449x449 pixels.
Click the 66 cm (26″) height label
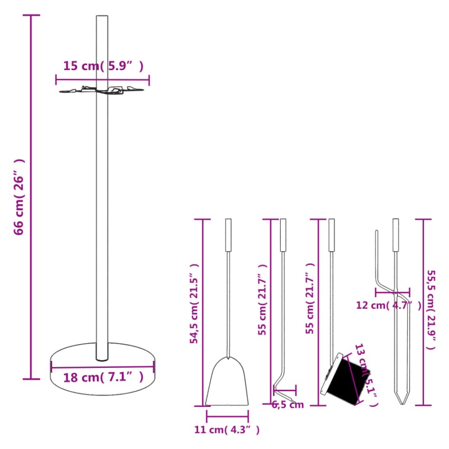pos(19,197)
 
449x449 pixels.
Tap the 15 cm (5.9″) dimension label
pos(103,66)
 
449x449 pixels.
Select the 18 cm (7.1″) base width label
pos(103,378)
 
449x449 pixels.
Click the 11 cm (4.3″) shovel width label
pos(227,430)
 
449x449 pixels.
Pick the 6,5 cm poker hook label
pos(288,404)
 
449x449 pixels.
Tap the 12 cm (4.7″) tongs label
pos(388,305)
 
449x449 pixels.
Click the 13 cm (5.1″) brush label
pos(367,375)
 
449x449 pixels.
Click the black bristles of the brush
pos(348,382)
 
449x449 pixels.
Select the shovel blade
pos(227,383)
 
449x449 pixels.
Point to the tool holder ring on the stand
pos(102,90)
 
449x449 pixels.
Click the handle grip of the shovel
pos(228,235)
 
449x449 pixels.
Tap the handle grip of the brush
pos(331,235)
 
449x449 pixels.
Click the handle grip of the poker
pos(283,235)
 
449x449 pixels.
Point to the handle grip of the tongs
pos(396,235)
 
